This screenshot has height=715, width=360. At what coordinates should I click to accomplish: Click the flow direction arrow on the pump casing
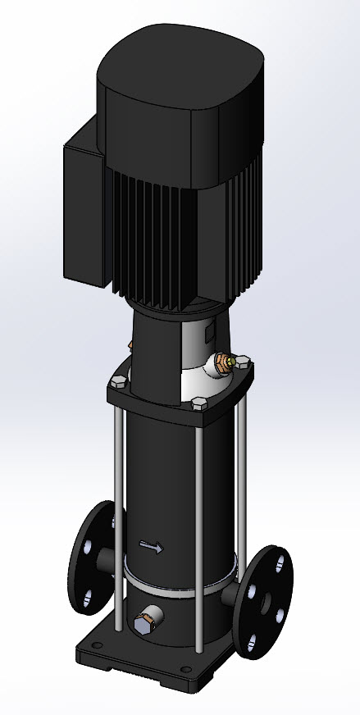coord(151,546)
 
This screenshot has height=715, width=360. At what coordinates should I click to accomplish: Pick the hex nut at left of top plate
coord(118,380)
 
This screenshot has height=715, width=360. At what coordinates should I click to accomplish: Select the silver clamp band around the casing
coord(176,587)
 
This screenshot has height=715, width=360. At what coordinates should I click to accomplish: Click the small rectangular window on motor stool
coord(209,333)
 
